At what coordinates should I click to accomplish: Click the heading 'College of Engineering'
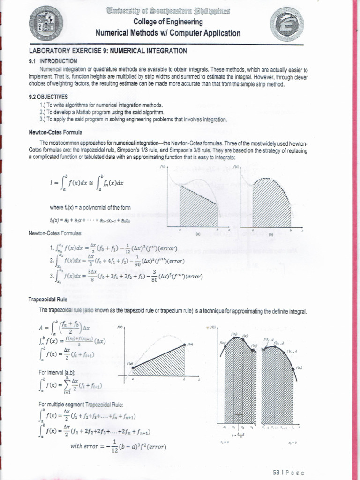click(x=168, y=22)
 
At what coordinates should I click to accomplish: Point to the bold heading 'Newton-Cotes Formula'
click(x=55, y=132)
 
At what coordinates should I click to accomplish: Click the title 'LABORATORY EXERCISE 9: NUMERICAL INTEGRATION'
click(x=108, y=50)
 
